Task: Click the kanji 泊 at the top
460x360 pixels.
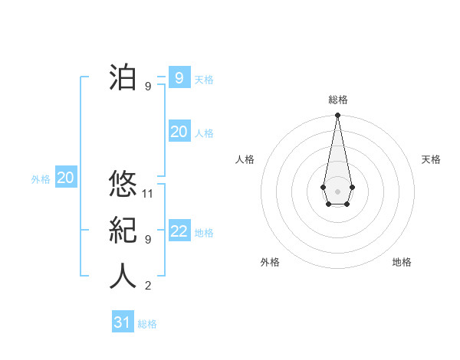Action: [x=123, y=78]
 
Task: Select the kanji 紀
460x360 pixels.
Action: [x=123, y=231]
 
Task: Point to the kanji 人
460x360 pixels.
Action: [x=123, y=277]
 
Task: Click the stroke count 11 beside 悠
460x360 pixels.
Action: [x=148, y=193]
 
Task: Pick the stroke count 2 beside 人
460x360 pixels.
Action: [x=148, y=286]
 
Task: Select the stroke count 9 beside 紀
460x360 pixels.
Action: [x=148, y=240]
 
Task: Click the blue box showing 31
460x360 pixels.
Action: [x=123, y=322]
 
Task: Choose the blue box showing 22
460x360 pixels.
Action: [x=179, y=232]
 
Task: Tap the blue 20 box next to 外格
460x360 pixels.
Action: [x=65, y=178]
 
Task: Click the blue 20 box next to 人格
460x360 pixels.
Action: [x=179, y=132]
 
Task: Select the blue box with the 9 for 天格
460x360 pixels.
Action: [x=179, y=77]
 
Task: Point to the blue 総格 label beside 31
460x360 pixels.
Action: [x=147, y=324]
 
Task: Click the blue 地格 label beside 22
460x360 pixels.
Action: [x=204, y=233]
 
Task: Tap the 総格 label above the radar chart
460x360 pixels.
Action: [x=337, y=100]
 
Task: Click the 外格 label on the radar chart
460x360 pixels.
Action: [x=270, y=262]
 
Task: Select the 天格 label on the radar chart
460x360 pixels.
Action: [x=431, y=159]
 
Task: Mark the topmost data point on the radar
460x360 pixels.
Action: [x=337, y=116]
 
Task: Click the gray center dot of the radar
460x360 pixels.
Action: [x=337, y=190]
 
